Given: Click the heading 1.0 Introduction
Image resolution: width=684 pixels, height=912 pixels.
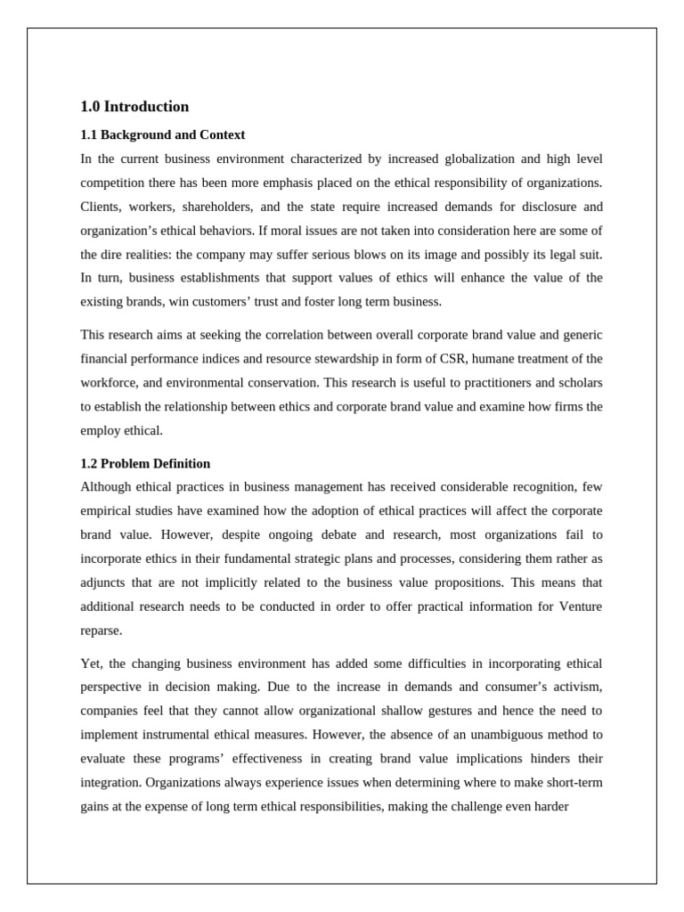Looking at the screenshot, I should (x=134, y=107).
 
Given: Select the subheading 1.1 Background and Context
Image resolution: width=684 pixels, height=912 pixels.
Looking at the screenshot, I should (x=162, y=135).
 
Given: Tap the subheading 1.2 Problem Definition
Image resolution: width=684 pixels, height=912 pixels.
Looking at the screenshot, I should (x=145, y=464).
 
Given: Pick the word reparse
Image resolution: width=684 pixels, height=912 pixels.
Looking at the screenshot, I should (x=101, y=631).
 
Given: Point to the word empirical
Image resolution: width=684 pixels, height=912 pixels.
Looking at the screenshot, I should (x=107, y=511).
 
